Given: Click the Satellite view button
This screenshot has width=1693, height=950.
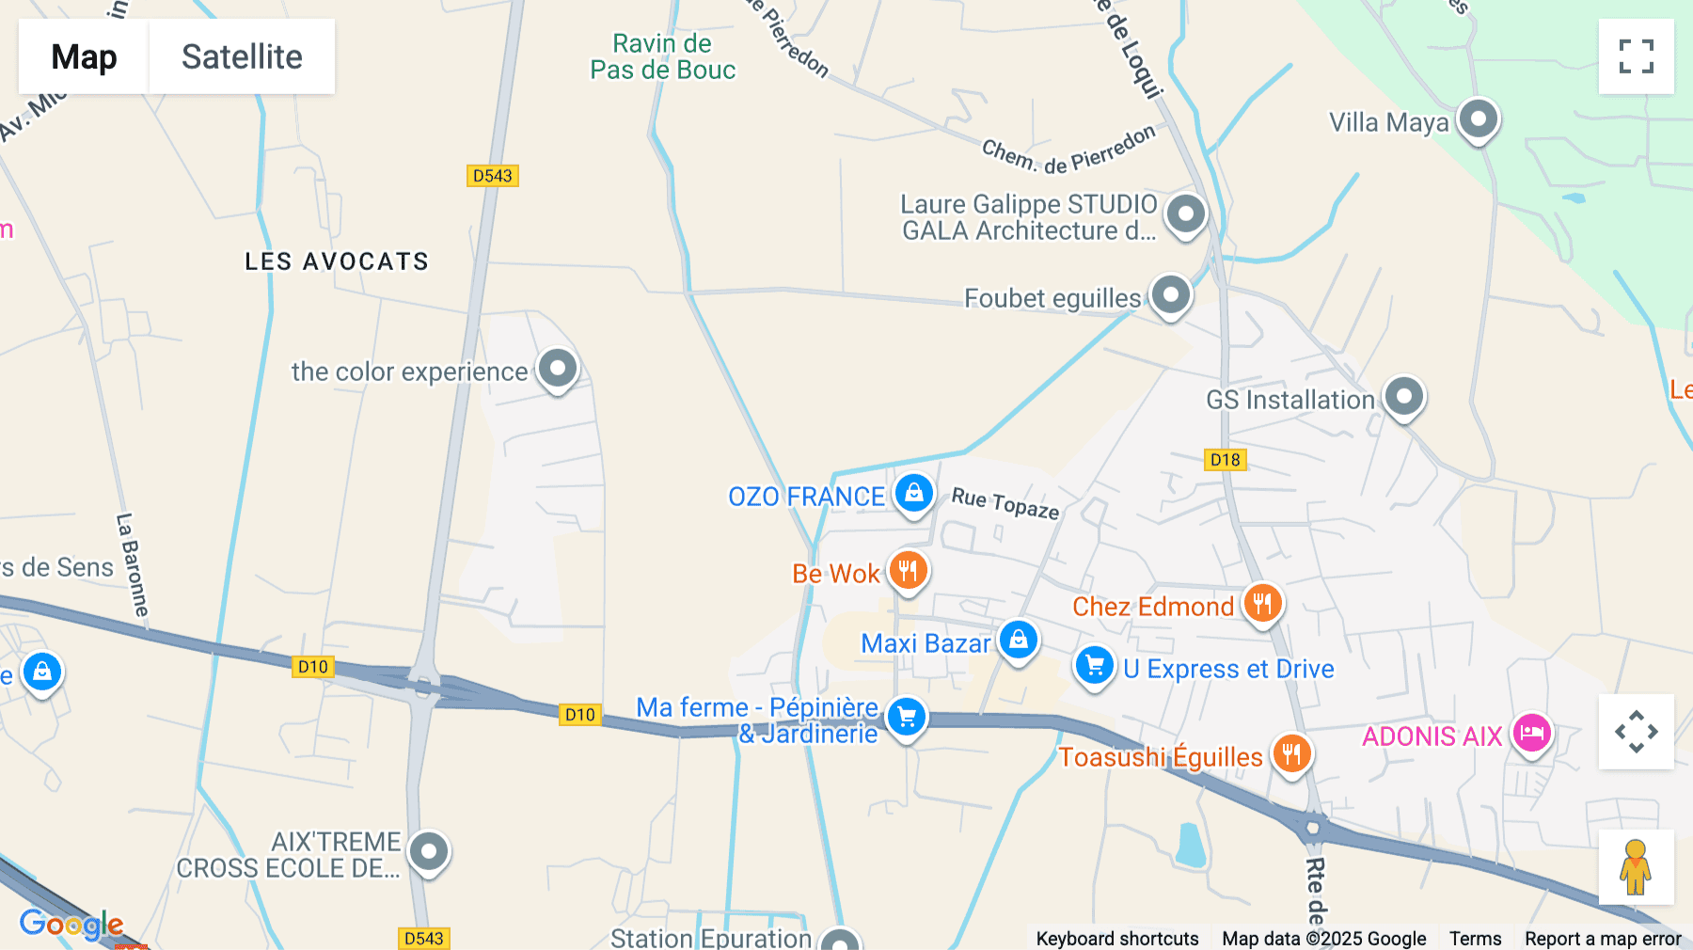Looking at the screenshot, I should coord(242,56).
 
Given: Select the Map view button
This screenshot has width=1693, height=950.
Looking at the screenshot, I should coord(84,56).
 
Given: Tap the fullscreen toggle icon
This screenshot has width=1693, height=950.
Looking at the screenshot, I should coord(1636,56).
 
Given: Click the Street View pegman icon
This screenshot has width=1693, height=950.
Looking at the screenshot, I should coord(1636,867).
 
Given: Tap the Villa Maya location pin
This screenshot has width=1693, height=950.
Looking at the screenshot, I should coord(1478,119).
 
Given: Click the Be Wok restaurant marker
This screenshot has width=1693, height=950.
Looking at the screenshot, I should coord(908,570).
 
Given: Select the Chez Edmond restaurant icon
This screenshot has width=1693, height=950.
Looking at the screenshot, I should coord(1262,603).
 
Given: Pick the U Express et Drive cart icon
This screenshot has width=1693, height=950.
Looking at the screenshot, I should coord(1094,666).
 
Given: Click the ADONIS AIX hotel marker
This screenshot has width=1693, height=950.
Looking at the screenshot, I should coord(1531,733).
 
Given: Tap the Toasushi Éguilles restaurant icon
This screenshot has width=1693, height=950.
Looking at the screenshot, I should coord(1291,753).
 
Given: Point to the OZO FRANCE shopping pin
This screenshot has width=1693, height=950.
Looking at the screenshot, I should coord(913,493).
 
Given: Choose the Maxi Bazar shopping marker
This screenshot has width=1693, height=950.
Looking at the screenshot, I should coord(1018,641).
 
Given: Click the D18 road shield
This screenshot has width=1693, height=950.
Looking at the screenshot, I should coord(1225,460).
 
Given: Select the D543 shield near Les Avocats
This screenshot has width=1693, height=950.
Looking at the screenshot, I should coord(493,176).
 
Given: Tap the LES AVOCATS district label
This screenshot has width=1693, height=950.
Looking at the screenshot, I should coord(337,261).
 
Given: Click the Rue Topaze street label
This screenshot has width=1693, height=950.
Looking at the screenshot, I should coord(1005,503).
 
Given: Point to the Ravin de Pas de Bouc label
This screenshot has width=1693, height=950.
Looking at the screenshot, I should coord(662,56).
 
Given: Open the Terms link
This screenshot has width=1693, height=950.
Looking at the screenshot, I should coord(1475,938).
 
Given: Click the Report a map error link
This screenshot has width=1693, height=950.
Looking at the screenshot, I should coord(1603,938).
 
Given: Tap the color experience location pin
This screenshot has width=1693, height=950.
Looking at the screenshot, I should coord(558,368).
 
